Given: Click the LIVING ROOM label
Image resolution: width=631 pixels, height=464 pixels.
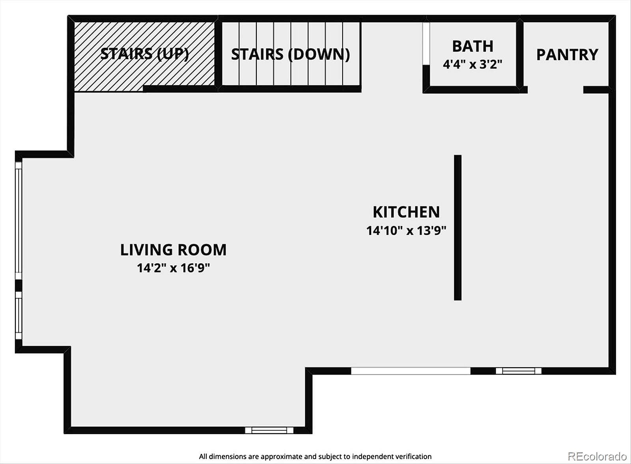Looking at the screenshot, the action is pyautogui.click(x=173, y=250).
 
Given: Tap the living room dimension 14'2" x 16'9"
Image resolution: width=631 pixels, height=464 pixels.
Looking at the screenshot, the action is pyautogui.click(x=174, y=268).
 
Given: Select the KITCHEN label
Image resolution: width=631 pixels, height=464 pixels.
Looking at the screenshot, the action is pyautogui.click(x=406, y=212).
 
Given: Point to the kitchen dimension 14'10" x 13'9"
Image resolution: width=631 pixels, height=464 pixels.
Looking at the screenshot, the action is pyautogui.click(x=406, y=230).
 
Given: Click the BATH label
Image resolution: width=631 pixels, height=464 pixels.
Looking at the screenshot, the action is pyautogui.click(x=473, y=46).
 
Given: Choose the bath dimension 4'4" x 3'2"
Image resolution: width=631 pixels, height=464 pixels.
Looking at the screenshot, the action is pyautogui.click(x=473, y=64).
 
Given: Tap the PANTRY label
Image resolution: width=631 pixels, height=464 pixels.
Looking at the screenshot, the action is pyautogui.click(x=567, y=55).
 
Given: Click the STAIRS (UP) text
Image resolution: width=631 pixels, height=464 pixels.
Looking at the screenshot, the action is pyautogui.click(x=144, y=54).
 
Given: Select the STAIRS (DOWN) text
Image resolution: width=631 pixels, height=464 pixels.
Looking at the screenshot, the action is pyautogui.click(x=290, y=54).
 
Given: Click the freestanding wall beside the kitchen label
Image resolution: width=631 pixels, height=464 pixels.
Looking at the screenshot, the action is pyautogui.click(x=457, y=228).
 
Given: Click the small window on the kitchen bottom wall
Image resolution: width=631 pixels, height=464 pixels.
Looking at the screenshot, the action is pyautogui.click(x=518, y=371).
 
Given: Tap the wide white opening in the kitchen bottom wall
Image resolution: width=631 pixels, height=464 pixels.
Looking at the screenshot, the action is pyautogui.click(x=411, y=371).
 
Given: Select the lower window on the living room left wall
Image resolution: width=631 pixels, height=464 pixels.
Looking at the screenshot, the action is pyautogui.click(x=18, y=315).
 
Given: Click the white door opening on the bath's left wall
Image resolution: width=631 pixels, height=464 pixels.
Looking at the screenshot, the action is pyautogui.click(x=426, y=43).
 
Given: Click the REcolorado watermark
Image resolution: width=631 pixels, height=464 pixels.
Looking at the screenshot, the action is pyautogui.click(x=598, y=456).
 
